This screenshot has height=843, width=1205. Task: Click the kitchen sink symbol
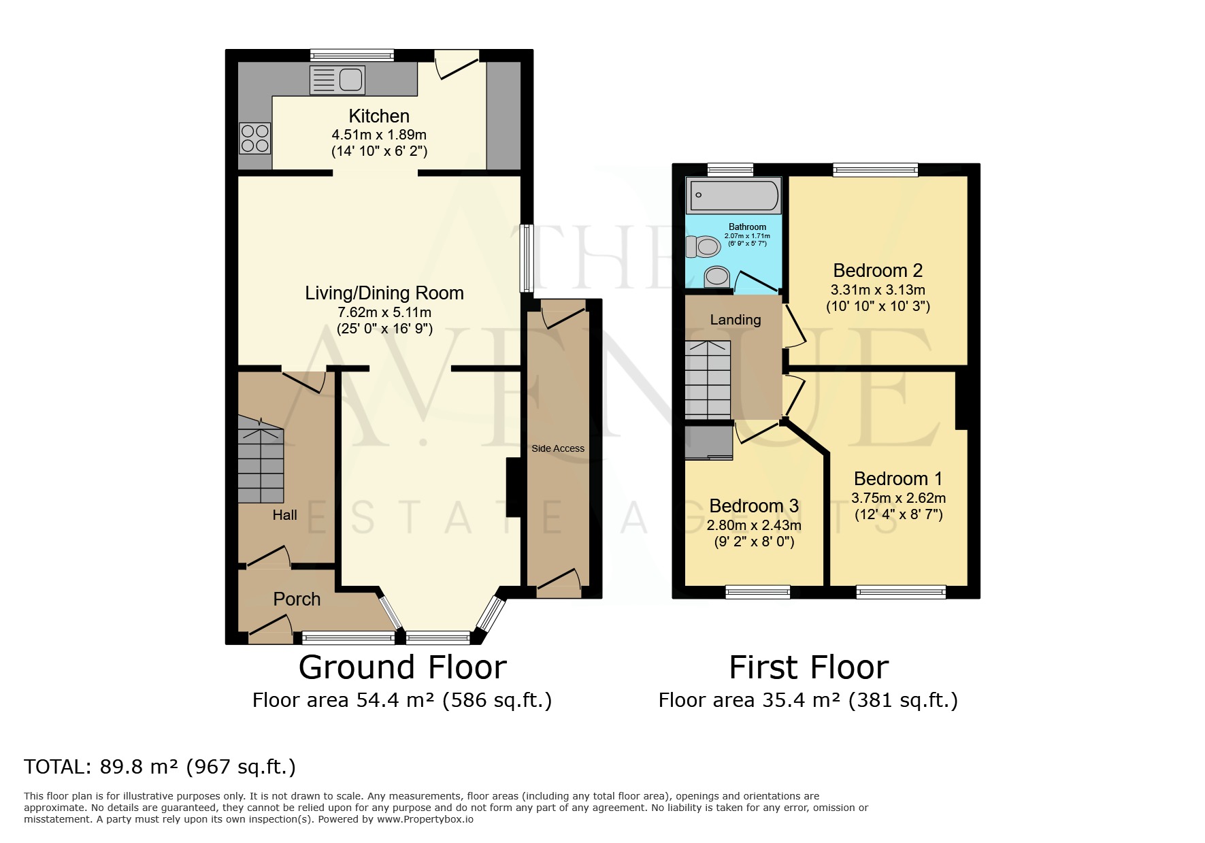coord(337,80)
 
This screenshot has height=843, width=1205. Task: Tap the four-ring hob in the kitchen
coord(255,138)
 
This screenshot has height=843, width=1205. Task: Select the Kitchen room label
coord(379,116)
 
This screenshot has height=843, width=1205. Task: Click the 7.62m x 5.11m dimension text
coord(384,313)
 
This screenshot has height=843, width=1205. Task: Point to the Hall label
coord(284,515)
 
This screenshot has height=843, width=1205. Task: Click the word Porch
coord(297,599)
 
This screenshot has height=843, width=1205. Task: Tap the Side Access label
coord(558,448)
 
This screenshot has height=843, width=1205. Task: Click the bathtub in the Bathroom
coord(733,195)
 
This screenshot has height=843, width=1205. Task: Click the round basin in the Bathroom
coord(716,276)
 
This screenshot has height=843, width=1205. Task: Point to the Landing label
coord(735,320)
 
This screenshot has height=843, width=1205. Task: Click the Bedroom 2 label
coord(878,271)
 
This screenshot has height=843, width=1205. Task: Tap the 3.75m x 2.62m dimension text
coord(898,498)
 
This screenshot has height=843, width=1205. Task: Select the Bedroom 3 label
coord(754,506)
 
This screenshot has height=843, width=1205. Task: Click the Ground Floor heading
coord(402,667)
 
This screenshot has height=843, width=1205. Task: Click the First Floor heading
coord(808,667)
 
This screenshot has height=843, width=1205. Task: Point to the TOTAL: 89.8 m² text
coord(160,767)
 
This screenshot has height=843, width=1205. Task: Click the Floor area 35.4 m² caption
coord(808,700)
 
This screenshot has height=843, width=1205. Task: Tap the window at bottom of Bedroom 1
coord(901,591)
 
